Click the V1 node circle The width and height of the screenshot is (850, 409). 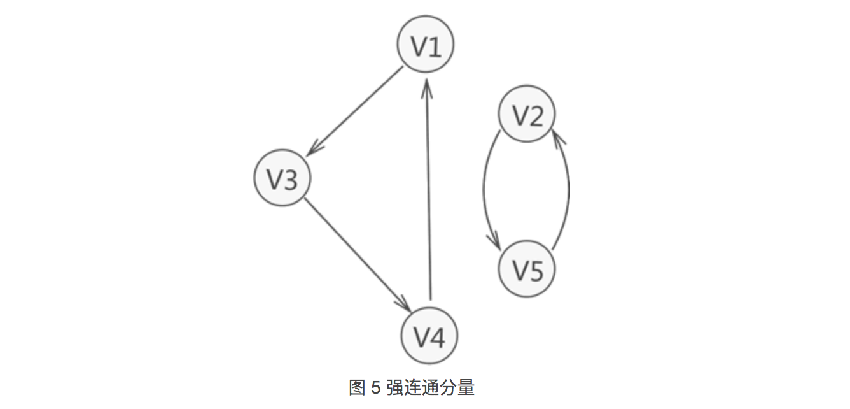(426, 45)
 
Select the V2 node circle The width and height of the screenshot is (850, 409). (527, 114)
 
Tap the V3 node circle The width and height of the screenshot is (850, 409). (282, 178)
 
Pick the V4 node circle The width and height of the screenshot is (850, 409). (429, 336)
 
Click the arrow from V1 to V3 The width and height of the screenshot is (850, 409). (356, 110)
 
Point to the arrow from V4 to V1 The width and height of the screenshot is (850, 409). (429, 191)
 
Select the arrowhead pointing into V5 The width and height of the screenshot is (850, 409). (494, 241)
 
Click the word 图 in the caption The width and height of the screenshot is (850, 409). (357, 387)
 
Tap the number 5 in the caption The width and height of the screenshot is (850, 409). (375, 387)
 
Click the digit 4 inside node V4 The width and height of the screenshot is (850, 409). (438, 337)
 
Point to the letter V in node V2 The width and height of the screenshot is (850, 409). (520, 116)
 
